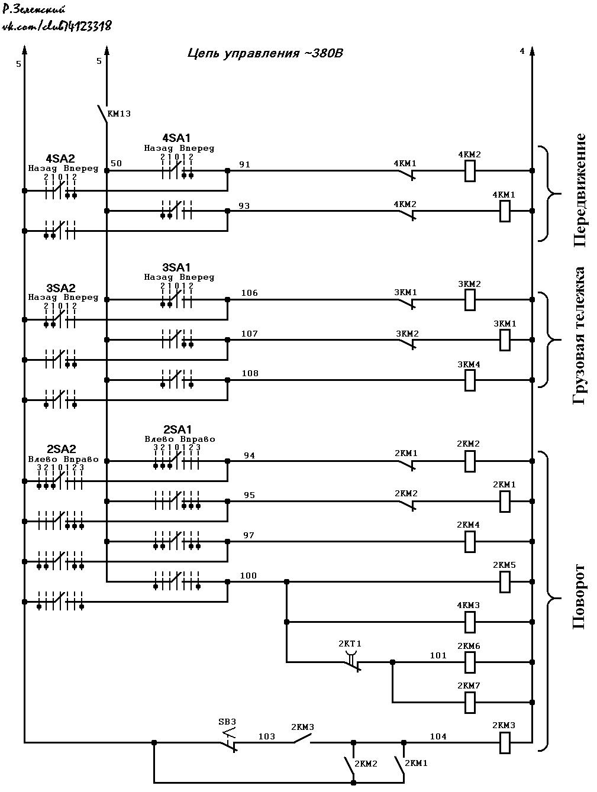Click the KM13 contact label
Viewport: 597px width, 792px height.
(x=119, y=114)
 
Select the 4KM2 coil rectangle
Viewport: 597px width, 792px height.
(x=469, y=171)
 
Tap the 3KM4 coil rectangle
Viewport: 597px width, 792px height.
(x=469, y=380)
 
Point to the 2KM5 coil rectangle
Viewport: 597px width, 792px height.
(x=505, y=582)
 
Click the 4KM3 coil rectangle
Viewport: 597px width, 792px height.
(x=469, y=622)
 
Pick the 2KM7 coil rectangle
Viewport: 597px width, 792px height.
(x=469, y=703)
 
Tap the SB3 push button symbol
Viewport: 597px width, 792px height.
(x=229, y=741)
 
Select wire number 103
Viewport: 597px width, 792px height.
(x=266, y=736)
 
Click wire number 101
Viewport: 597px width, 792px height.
(x=438, y=655)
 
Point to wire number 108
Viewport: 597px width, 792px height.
(x=250, y=373)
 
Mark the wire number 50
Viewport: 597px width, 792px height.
(x=116, y=163)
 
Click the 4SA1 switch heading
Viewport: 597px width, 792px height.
(x=176, y=138)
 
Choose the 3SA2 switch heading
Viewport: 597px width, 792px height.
(x=60, y=288)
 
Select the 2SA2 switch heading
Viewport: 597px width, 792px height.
(x=62, y=449)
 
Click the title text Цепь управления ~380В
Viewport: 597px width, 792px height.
(x=265, y=53)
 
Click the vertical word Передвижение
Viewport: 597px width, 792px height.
(x=579, y=190)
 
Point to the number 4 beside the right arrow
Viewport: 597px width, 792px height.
(x=522, y=51)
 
